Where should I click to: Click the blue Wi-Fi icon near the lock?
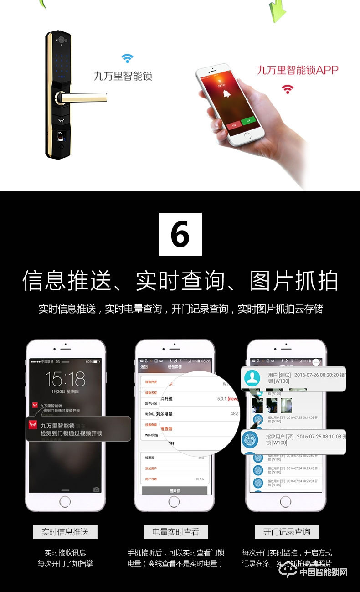tap(127, 58)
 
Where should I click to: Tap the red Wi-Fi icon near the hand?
tap(287, 88)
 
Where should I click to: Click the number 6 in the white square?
tap(180, 234)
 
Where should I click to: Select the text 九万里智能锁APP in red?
tap(298, 70)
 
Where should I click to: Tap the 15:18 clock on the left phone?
tap(65, 379)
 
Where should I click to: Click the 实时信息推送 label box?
tap(65, 532)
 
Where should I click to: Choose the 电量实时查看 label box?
tap(175, 532)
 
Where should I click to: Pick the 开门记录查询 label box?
tap(287, 532)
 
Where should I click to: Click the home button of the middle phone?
tap(175, 502)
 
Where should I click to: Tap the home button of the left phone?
tap(65, 502)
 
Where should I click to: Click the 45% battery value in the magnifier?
tap(234, 414)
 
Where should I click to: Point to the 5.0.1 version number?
tap(223, 399)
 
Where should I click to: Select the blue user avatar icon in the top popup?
tap(252, 378)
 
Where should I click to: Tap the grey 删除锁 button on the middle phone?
tap(175, 490)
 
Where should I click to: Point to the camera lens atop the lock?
tap(60, 40)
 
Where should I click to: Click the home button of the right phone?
tap(286, 502)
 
